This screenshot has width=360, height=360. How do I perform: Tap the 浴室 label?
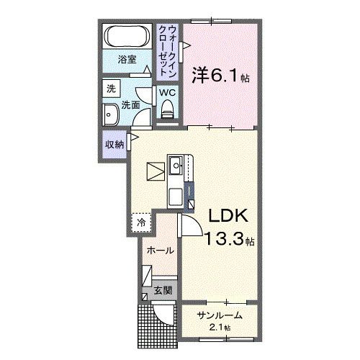click(128, 60)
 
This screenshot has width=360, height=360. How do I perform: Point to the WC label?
click(167, 92)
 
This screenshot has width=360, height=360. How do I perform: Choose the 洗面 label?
click(130, 104)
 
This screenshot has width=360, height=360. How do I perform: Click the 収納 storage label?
click(114, 143)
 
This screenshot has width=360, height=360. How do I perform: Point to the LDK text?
click(229, 217)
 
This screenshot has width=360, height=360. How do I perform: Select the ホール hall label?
click(159, 251)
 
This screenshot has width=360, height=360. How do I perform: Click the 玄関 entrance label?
click(163, 291)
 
